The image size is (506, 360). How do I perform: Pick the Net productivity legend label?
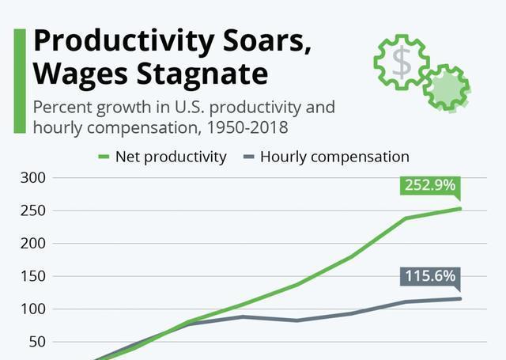[x=171, y=157]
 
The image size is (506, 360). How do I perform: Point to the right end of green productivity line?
[x=460, y=209]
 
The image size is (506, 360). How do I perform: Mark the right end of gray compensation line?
[x=460, y=298]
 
